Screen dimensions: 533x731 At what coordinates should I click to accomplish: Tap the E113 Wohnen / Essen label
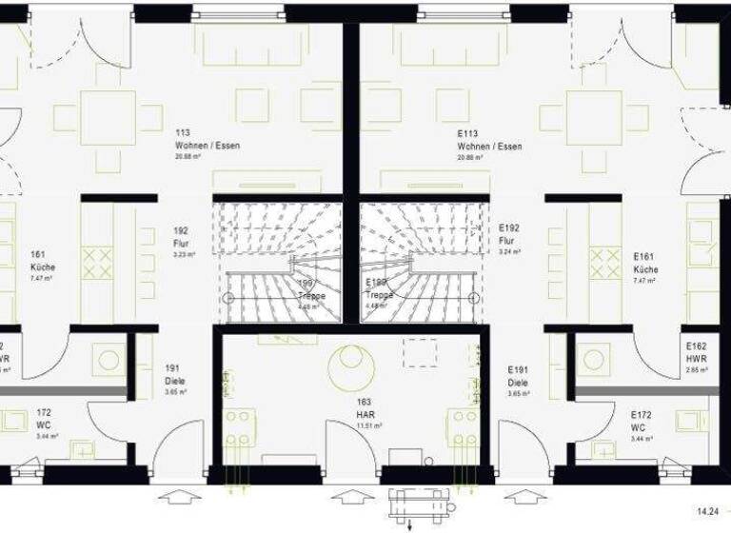click(x=489, y=146)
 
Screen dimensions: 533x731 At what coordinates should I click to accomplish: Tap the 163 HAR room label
click(x=370, y=416)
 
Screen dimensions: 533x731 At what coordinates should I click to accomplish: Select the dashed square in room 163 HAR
click(x=420, y=352)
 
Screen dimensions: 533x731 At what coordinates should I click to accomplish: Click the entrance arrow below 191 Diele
click(x=179, y=496)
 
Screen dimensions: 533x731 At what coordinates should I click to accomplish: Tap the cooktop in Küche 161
click(x=97, y=262)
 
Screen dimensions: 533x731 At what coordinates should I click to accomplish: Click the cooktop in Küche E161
click(x=604, y=262)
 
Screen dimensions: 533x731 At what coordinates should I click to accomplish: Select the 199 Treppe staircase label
click(x=310, y=290)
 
